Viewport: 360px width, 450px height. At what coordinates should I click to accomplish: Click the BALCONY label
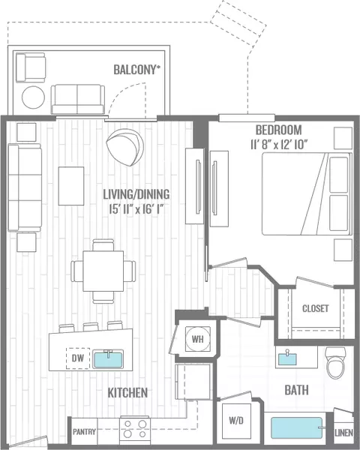(x=137, y=70)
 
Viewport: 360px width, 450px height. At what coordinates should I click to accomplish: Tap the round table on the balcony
(x=33, y=97)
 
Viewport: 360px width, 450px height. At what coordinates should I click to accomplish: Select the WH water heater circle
(x=197, y=339)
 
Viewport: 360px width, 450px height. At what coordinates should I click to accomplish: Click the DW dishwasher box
(x=78, y=358)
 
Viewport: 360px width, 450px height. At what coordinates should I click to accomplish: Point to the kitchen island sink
(x=108, y=359)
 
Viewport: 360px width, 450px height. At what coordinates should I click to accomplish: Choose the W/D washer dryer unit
(x=236, y=421)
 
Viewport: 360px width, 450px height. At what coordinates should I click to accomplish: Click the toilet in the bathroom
(x=335, y=363)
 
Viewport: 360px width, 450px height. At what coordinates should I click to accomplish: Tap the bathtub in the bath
(x=297, y=428)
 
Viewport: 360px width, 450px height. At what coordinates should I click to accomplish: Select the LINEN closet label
(x=343, y=433)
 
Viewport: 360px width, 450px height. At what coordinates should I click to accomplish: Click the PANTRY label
(x=84, y=432)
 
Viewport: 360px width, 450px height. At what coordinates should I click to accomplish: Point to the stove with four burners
(x=135, y=429)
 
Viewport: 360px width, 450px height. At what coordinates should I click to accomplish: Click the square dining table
(x=103, y=271)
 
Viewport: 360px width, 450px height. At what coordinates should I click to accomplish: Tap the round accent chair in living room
(x=125, y=147)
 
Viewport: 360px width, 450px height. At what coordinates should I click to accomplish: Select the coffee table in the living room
(x=71, y=186)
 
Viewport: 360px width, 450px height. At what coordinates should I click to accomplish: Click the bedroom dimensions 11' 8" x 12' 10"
(x=279, y=145)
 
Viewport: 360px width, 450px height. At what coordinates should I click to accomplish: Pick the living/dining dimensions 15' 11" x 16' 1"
(x=136, y=209)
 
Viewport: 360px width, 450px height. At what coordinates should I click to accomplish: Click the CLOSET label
(x=316, y=308)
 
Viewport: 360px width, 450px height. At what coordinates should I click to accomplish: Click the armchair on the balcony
(x=31, y=67)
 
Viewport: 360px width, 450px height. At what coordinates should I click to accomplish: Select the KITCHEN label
(x=127, y=392)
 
